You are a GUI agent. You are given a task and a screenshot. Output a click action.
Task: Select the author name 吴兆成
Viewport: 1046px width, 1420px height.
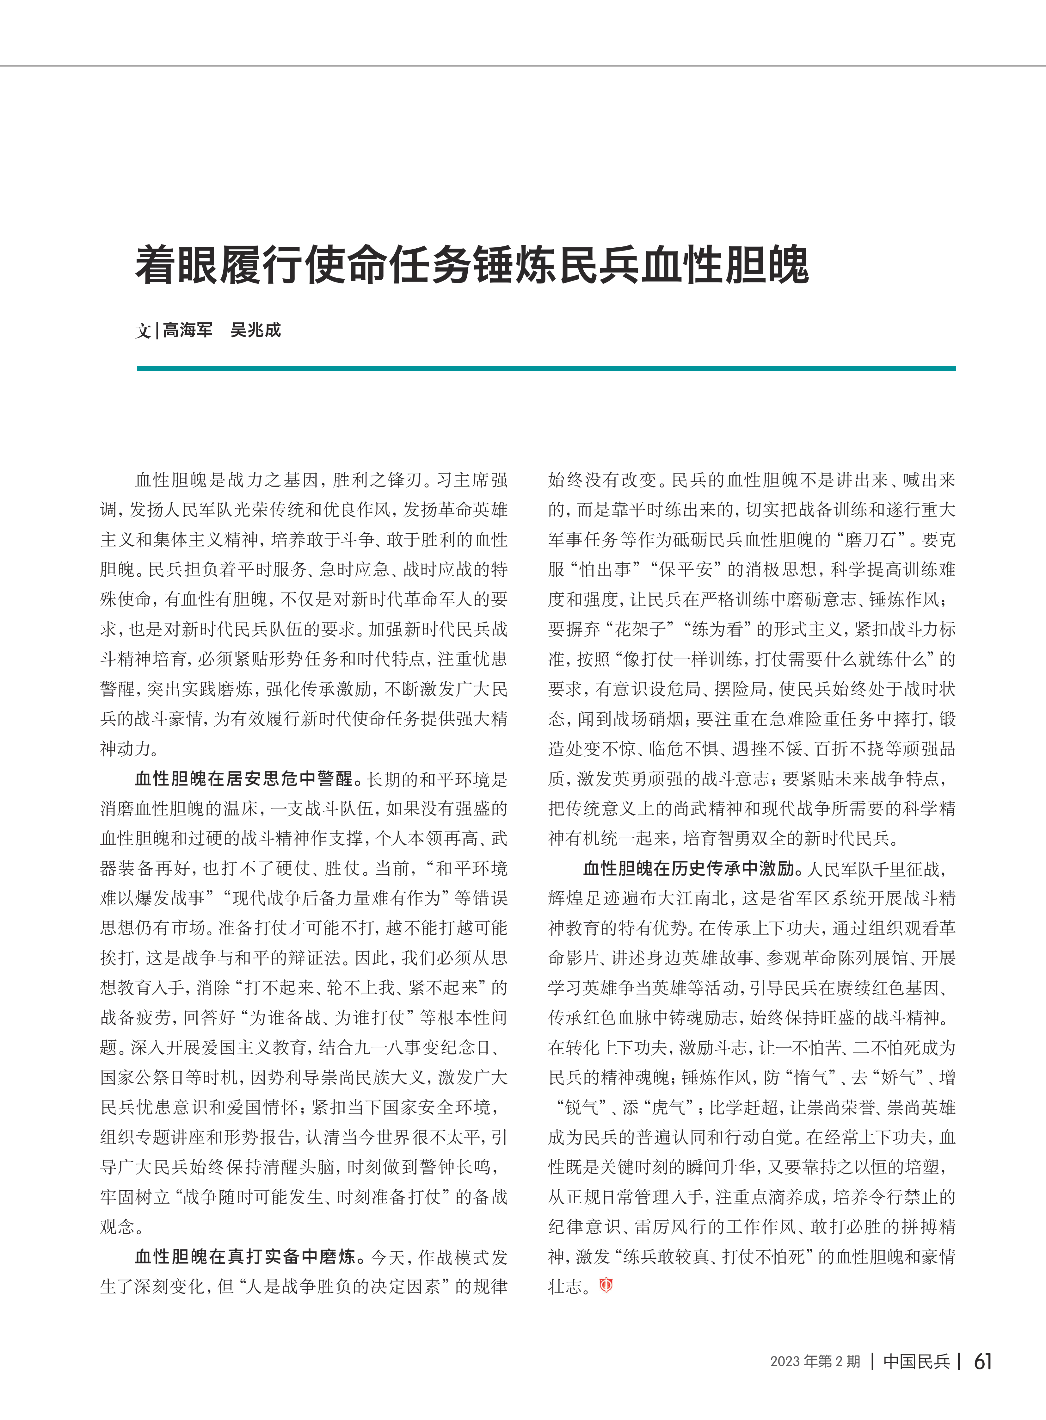tap(255, 330)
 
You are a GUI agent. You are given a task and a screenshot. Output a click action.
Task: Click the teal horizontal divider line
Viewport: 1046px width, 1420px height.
tap(546, 368)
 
